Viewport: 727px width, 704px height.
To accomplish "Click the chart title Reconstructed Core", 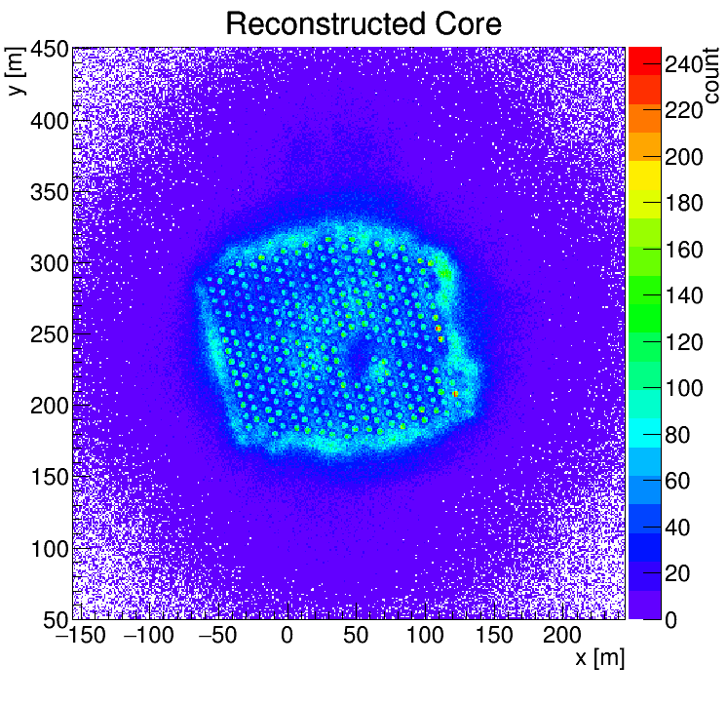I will pyautogui.click(x=363, y=23).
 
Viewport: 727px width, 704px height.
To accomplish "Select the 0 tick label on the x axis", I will pyautogui.click(x=287, y=636).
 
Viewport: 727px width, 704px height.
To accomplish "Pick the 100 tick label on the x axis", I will pyautogui.click(x=425, y=636).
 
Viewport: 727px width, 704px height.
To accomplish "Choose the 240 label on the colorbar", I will pyautogui.click(x=684, y=64).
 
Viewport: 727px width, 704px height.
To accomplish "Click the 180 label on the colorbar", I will pyautogui.click(x=684, y=203).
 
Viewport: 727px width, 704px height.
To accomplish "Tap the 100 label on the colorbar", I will pyautogui.click(x=684, y=388).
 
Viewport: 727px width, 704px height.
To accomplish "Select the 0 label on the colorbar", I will pyautogui.click(x=671, y=619).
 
